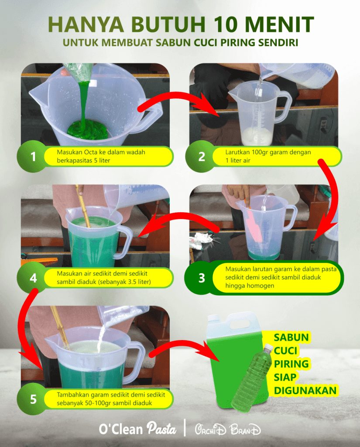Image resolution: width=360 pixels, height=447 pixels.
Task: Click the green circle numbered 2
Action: (201, 156)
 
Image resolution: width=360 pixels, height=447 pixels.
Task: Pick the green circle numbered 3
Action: (201, 278)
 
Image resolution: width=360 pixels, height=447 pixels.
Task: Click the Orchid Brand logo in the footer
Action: (227, 429)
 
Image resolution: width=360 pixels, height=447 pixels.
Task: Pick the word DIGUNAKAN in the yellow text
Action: (305, 389)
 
